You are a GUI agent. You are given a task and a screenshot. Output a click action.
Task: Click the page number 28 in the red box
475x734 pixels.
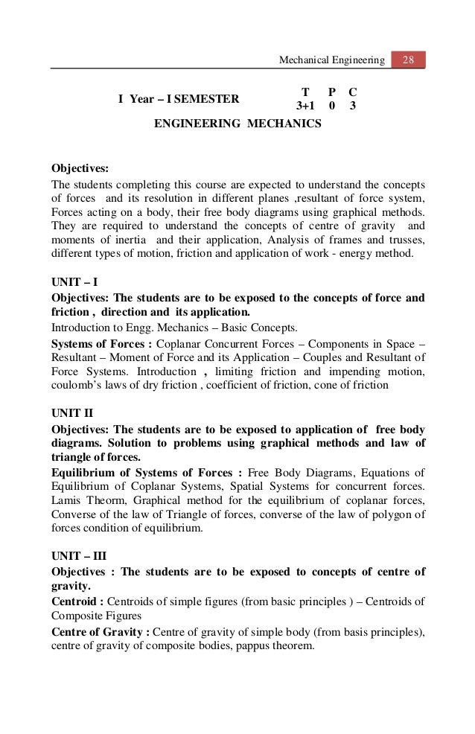(x=408, y=58)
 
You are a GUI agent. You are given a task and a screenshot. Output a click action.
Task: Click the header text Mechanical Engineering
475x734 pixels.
(x=332, y=58)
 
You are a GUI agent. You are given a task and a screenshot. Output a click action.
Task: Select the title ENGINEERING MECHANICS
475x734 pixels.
(x=238, y=124)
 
